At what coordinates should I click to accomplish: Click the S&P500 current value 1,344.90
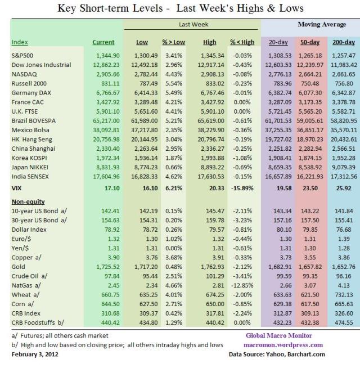[x=102, y=56]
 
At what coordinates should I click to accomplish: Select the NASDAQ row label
[x=23, y=74]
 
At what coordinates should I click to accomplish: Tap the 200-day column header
[x=343, y=42]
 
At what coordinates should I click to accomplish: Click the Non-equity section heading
[x=28, y=201]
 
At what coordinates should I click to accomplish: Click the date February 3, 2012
[x=35, y=355]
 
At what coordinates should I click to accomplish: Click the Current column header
[x=103, y=42]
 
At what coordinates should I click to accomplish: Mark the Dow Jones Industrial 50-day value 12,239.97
[x=309, y=65]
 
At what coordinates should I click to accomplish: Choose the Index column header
[x=20, y=42]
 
